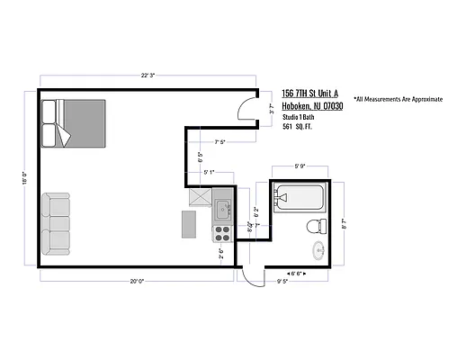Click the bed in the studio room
coord(76,125)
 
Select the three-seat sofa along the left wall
coord(56,222)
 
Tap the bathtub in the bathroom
coord(300,196)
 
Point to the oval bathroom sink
coord(318,250)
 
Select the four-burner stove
coord(221,234)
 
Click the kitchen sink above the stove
coord(221,212)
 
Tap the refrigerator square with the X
coord(199,197)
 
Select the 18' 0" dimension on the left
coord(23,176)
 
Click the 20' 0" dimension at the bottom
coord(136,281)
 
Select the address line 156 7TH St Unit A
coord(310,94)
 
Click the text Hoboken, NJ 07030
coord(312,106)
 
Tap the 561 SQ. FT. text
coord(301,128)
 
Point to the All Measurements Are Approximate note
coord(398,98)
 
